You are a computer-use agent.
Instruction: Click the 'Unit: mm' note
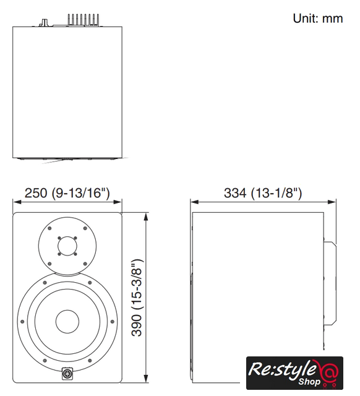pyautogui.click(x=318, y=19)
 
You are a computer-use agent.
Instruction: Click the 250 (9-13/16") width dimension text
pyautogui.click(x=67, y=193)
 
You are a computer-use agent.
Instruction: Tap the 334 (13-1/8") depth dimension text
pyautogui.click(x=263, y=193)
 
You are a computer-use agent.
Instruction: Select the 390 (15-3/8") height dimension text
pyautogui.click(x=137, y=298)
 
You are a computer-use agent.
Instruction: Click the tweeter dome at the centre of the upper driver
pyautogui.click(x=67, y=246)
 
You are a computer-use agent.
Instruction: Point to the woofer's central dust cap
pyautogui.click(x=67, y=322)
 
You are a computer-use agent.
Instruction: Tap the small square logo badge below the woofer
pyautogui.click(x=67, y=374)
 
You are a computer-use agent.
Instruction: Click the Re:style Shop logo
pyautogui.click(x=294, y=372)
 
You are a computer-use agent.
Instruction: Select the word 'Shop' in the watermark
pyautogui.click(x=309, y=381)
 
